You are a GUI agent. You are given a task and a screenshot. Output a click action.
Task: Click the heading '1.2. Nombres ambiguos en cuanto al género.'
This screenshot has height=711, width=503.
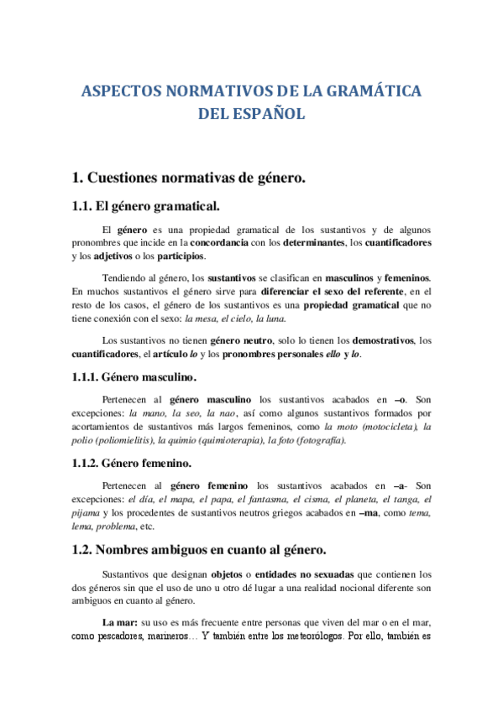200,550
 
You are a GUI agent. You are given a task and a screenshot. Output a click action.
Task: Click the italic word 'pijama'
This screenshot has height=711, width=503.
85,513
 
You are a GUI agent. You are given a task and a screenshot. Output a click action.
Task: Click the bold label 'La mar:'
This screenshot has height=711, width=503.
120,623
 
